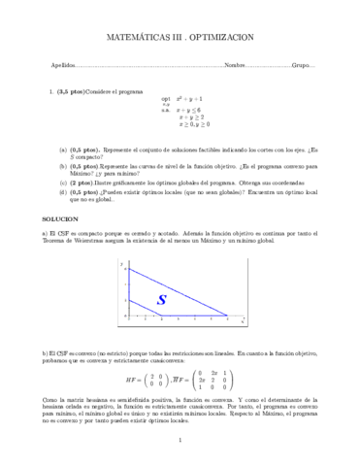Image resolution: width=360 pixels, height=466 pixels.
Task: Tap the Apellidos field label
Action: [x=63, y=65]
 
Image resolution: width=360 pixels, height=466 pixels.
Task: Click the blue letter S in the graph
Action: [x=162, y=273]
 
